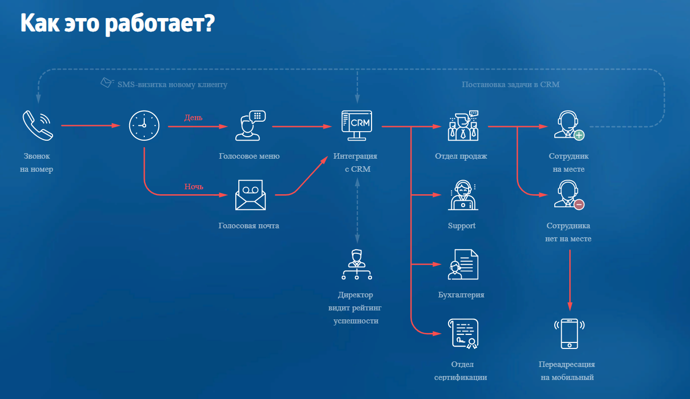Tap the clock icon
[x=144, y=125]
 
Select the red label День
[x=193, y=118]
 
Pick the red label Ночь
[x=194, y=187]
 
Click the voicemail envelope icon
[x=250, y=195]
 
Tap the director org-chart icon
[x=357, y=264]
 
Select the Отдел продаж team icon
[x=463, y=125]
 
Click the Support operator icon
[x=463, y=195]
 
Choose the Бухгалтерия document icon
[x=463, y=264]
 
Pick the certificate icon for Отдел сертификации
[x=463, y=333]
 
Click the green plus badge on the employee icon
[x=579, y=135]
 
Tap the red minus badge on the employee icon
[x=579, y=204]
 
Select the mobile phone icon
[x=569, y=333]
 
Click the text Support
[x=462, y=226]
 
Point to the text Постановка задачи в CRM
[x=511, y=85]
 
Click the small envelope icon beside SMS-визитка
[x=107, y=83]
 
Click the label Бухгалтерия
[x=461, y=295]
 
